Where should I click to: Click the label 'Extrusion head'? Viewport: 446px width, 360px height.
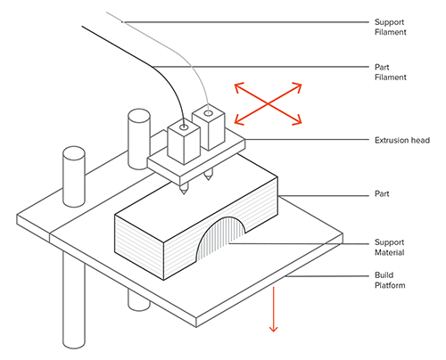tap(402, 140)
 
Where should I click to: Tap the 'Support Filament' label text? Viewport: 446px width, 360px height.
tap(390, 27)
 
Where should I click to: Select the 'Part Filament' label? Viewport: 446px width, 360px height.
tap(390, 72)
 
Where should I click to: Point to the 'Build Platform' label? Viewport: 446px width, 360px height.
tap(390, 281)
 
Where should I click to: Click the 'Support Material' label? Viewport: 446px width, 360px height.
tap(389, 248)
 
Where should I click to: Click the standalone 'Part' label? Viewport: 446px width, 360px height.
tap(382, 194)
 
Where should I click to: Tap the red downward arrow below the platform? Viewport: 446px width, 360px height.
tap(273, 309)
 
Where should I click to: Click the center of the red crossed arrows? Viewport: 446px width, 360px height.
tap(268, 103)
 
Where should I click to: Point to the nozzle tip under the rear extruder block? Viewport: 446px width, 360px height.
tap(209, 179)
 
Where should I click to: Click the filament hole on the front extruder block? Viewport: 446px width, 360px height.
tap(185, 127)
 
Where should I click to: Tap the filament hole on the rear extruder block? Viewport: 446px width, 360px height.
tap(209, 113)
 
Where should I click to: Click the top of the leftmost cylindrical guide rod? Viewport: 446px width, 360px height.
tap(74, 153)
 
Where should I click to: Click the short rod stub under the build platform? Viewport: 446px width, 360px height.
tap(138, 300)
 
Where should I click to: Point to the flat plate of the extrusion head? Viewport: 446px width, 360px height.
tap(196, 160)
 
